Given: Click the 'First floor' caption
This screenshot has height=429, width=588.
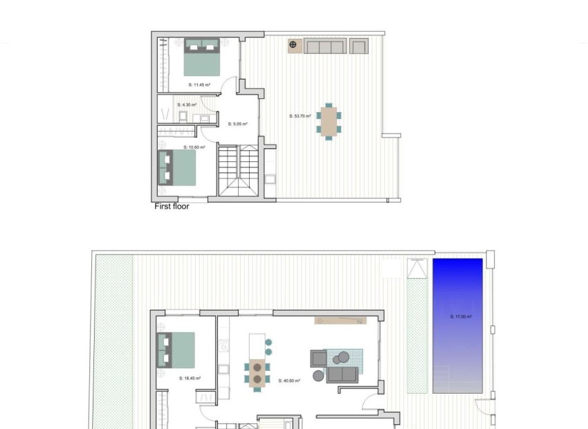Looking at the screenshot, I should tap(172, 206).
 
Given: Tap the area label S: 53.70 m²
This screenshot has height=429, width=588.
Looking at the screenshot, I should tap(300, 116).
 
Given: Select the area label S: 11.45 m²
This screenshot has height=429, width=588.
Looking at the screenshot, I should tap(200, 84).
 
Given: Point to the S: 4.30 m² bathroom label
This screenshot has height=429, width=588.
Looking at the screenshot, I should tap(187, 104).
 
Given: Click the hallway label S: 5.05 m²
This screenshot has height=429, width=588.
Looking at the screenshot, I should tap(237, 125).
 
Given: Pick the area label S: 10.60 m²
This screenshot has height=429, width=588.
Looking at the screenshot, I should tap(194, 147).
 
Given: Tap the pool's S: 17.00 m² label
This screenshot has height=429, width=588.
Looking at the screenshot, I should tap(461, 317).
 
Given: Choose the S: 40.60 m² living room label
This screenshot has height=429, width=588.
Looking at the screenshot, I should tap(289, 380).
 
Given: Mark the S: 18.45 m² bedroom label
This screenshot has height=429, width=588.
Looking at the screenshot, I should tap(190, 378).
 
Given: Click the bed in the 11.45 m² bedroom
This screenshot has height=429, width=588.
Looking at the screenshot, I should tap(202, 57).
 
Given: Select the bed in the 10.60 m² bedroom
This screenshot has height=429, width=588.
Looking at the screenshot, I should tap(177, 167).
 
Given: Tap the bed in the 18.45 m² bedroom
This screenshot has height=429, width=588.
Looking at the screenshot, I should tap(176, 350).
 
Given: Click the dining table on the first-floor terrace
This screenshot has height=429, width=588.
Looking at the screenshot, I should tap(329, 121).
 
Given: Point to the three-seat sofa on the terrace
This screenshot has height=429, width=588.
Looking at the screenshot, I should tap(325, 46).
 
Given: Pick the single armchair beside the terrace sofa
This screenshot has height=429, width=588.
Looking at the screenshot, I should tap(358, 46).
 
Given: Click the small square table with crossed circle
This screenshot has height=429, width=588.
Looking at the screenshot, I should tap(294, 46).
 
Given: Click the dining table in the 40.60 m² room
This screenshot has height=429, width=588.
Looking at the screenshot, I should tap(257, 373).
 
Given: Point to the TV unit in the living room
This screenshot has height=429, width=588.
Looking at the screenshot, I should tap(340, 321).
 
